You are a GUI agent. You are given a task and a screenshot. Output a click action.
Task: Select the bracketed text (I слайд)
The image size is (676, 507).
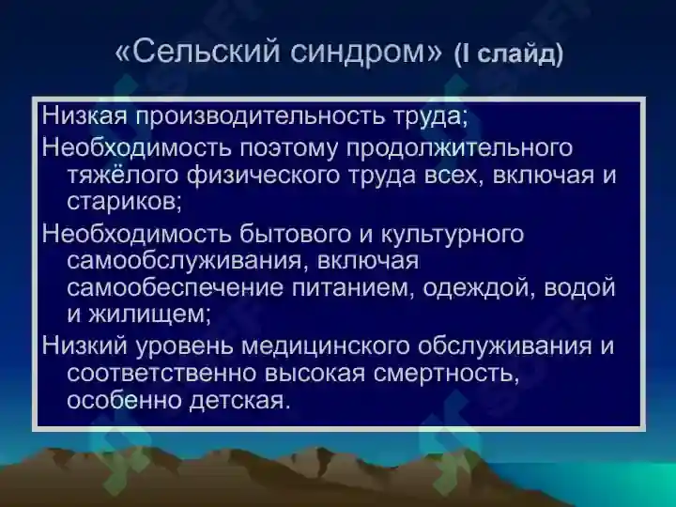(508, 54)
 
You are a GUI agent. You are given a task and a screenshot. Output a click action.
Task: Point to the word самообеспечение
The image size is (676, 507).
(164, 286)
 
